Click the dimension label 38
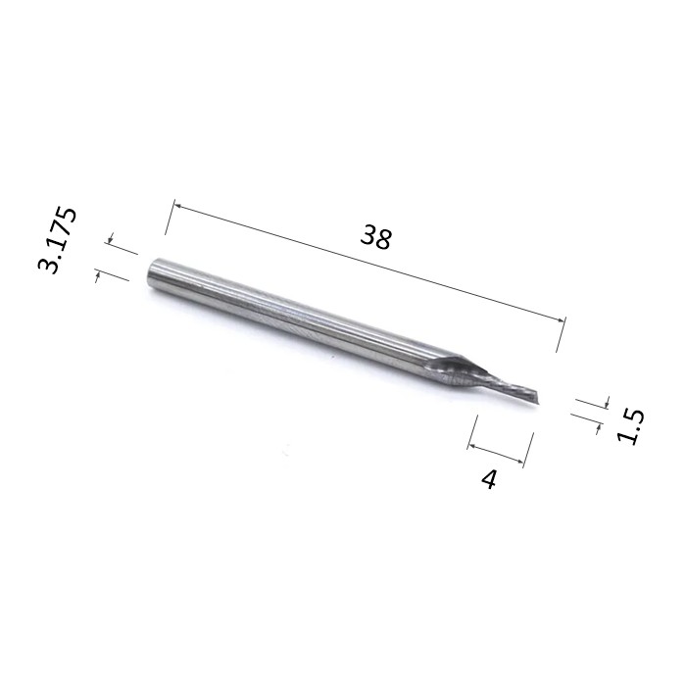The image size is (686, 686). (376, 237)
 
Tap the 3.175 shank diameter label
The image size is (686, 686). (57, 241)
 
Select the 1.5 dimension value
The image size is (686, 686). (630, 426)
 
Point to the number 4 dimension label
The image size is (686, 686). (489, 479)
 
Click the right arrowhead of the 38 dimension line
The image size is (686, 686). (561, 319)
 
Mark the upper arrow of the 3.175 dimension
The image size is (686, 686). (110, 238)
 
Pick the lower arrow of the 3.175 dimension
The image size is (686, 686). (98, 275)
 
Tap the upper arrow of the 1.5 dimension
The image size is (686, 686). (608, 402)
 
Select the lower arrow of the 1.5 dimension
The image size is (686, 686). (598, 428)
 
